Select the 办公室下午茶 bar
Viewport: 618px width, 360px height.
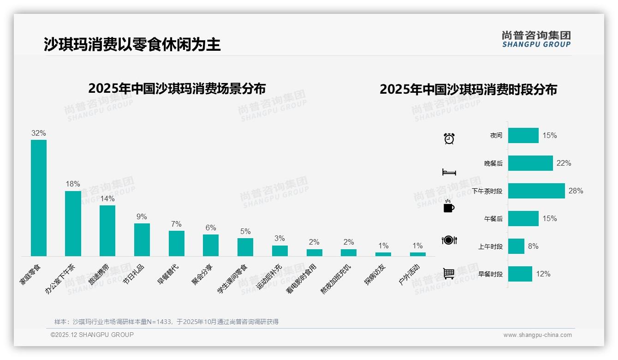click(73, 223)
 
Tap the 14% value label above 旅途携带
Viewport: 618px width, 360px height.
click(107, 198)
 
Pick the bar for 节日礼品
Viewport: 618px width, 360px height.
click(142, 240)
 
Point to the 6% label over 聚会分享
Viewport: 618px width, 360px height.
click(211, 228)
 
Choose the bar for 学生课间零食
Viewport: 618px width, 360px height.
click(245, 247)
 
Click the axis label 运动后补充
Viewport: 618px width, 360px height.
click(268, 277)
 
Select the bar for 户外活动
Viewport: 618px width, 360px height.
click(418, 254)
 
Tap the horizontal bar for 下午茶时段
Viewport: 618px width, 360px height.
click(536, 191)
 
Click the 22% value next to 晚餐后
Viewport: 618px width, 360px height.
click(564, 163)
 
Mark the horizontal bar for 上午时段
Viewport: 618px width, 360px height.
click(516, 246)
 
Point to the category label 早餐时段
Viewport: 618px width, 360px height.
click(490, 274)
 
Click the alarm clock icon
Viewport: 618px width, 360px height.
click(449, 138)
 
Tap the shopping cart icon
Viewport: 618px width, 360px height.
click(449, 273)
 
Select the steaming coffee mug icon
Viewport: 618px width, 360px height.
click(449, 206)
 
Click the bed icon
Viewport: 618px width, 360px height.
click(449, 172)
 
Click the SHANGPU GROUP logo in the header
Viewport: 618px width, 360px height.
click(536, 39)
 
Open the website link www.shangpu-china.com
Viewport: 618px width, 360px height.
click(537, 335)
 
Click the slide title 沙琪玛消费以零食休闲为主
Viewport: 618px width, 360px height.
click(132, 44)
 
